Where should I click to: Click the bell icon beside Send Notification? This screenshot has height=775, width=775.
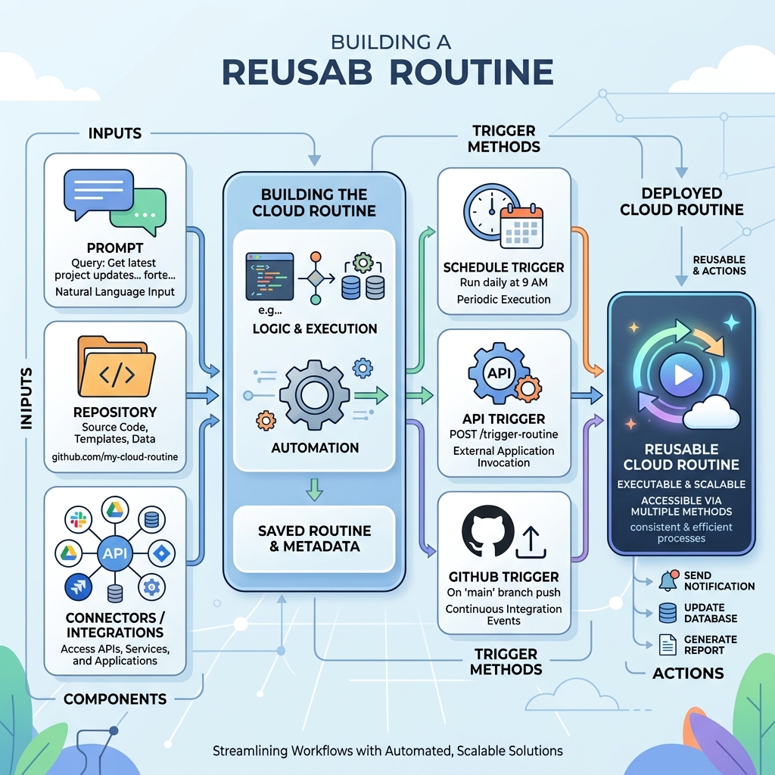click(x=668, y=580)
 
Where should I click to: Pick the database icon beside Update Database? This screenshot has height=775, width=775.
click(x=668, y=613)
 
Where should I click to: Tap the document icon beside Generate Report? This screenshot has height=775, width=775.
click(x=668, y=644)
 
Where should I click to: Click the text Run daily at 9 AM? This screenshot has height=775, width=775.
click(x=504, y=283)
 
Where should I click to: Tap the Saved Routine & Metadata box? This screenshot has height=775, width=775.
click(x=314, y=538)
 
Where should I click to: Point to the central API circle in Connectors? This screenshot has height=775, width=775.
click(x=115, y=553)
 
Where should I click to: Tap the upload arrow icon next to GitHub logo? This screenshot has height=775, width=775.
click(x=531, y=540)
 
